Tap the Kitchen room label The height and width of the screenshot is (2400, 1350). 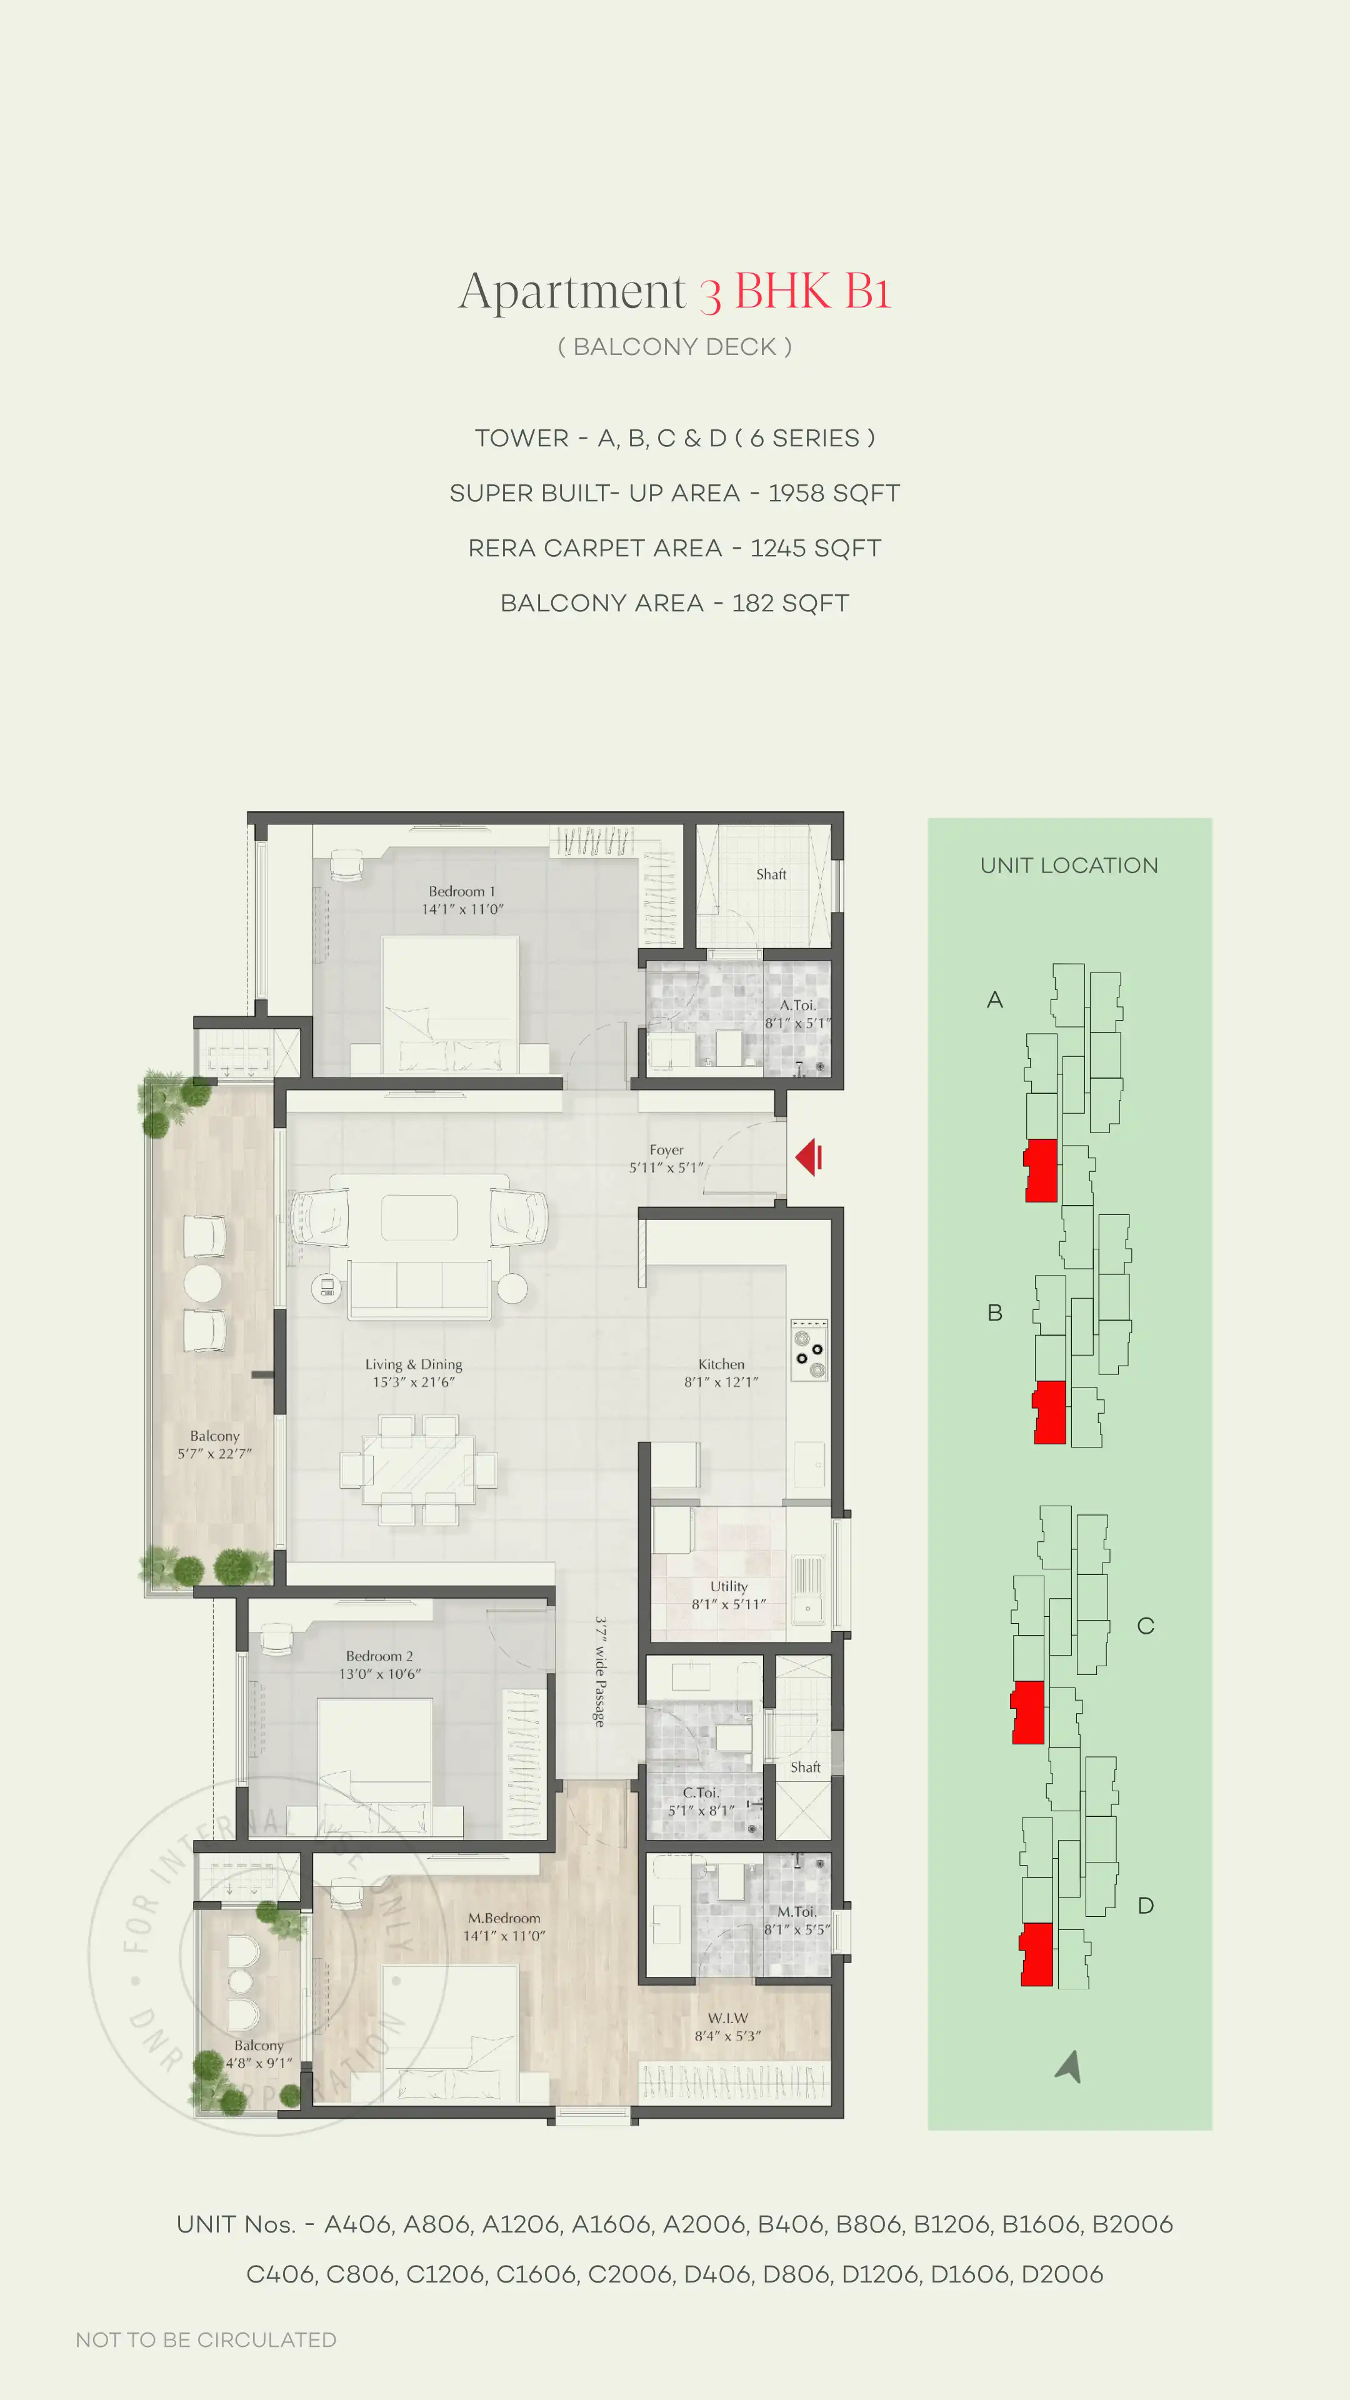[721, 1364]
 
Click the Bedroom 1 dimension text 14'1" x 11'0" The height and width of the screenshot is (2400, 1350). [462, 909]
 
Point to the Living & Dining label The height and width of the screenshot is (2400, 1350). [414, 1364]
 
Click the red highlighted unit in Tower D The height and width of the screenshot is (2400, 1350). [1037, 1954]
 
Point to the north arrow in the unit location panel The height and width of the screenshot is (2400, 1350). [1069, 2066]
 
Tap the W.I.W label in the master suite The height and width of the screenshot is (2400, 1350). [727, 2018]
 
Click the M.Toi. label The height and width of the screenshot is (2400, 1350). [797, 1911]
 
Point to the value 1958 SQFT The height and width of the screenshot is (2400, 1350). [834, 494]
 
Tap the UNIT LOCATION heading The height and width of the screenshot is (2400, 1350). [1069, 866]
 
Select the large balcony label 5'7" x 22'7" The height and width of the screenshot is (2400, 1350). [214, 1453]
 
